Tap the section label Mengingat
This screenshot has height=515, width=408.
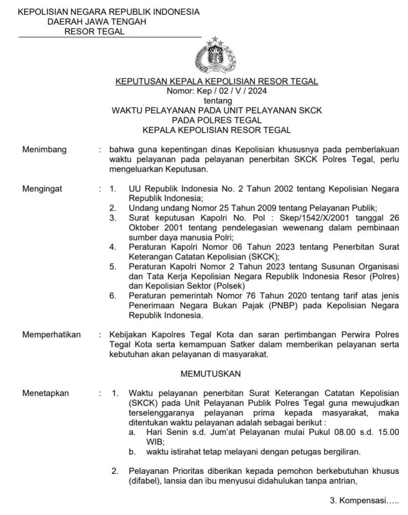42,189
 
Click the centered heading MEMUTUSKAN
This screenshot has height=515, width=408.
211,374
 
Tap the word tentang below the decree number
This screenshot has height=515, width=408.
217,101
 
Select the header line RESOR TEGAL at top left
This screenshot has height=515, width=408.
94,32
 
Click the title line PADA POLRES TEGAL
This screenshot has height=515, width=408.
216,120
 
